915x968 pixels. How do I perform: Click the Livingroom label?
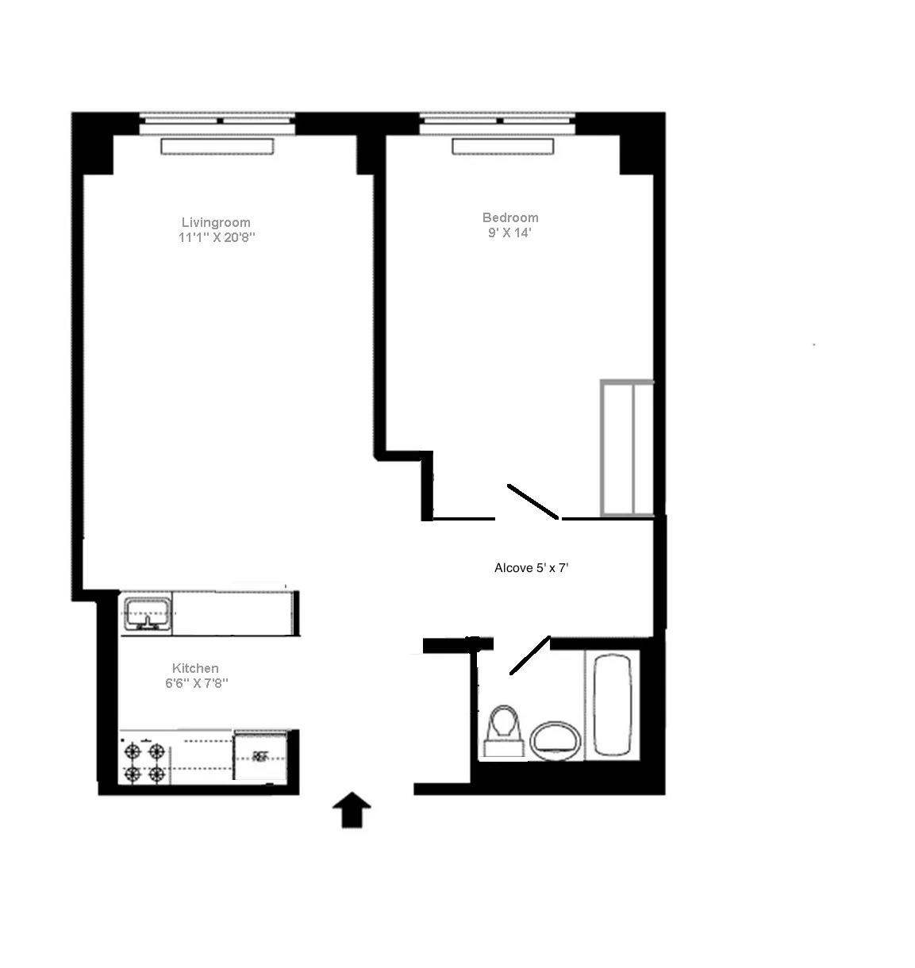(x=216, y=222)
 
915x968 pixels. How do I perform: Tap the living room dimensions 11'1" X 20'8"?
(x=217, y=237)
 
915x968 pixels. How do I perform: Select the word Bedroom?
(x=510, y=217)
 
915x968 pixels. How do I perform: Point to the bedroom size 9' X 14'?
(x=509, y=232)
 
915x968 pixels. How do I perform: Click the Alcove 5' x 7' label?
(x=532, y=568)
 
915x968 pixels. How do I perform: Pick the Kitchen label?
(x=195, y=668)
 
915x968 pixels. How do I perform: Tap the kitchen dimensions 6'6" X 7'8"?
(x=196, y=683)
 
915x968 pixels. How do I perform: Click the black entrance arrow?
(x=351, y=810)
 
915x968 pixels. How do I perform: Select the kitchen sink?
(x=147, y=613)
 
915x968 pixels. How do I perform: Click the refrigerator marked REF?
(x=262, y=756)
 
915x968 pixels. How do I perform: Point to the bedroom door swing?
(x=532, y=501)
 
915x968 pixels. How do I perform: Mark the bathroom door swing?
(x=529, y=655)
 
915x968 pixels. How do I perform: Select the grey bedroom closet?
(x=627, y=448)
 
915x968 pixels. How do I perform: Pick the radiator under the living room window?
(x=217, y=146)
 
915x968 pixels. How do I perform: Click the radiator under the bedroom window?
(x=502, y=147)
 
